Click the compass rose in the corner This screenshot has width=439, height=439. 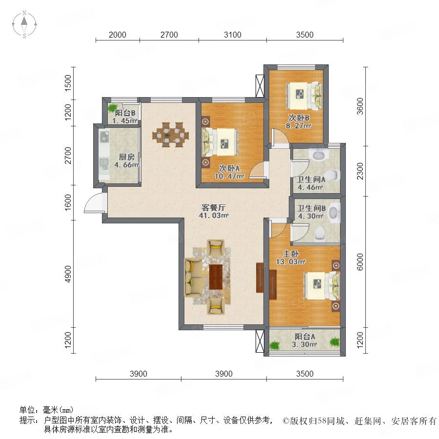24,24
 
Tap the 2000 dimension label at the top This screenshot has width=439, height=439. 117,35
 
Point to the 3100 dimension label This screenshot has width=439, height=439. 233,35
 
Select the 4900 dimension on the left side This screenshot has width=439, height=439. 68,274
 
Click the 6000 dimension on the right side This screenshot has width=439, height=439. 360,262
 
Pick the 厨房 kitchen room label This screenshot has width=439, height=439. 126,157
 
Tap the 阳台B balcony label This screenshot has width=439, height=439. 125,113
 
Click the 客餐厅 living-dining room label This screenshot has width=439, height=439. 213,207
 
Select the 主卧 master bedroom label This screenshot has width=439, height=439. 291,254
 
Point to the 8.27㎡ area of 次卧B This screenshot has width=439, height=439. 299,126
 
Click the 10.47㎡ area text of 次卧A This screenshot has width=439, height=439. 229,177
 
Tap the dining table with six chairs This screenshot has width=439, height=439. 171,135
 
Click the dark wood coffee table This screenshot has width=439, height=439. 216,277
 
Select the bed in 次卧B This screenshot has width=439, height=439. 304,96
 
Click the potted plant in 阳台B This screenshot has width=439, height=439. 113,108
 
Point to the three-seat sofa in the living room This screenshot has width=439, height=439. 193,277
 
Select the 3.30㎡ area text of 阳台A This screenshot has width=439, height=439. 304,344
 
